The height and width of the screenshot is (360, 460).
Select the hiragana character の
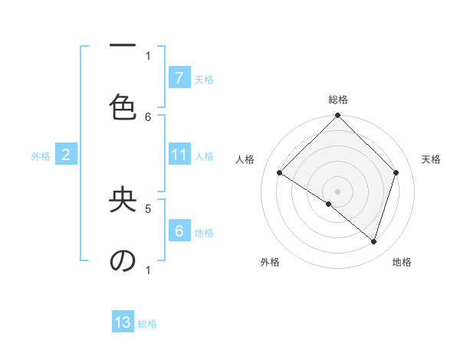coord(123,261)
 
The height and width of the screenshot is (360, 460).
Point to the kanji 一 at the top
coord(123,46)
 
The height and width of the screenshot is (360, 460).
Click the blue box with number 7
coord(179,77)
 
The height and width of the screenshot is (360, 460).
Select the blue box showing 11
coord(179,155)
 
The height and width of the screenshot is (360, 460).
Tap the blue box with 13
coord(123,322)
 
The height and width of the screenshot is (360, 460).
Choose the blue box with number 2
coord(66,155)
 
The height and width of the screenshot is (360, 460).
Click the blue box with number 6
coord(179,231)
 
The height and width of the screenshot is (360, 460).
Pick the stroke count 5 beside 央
coord(148,208)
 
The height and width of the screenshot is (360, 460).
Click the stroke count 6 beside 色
coord(148,116)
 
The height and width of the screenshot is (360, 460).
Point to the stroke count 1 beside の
coord(148,270)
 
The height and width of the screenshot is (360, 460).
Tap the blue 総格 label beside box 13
coord(147,324)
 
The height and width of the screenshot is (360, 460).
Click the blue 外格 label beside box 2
coord(41,155)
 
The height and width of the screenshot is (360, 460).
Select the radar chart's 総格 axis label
coord(338,100)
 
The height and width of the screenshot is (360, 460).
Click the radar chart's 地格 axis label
coord(402,262)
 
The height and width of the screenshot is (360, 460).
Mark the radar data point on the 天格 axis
coord(396,172)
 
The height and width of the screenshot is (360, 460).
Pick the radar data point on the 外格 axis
coord(329,204)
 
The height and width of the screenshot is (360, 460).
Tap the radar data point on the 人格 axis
coord(280,172)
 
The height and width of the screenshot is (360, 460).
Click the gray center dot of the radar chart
coord(338,191)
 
